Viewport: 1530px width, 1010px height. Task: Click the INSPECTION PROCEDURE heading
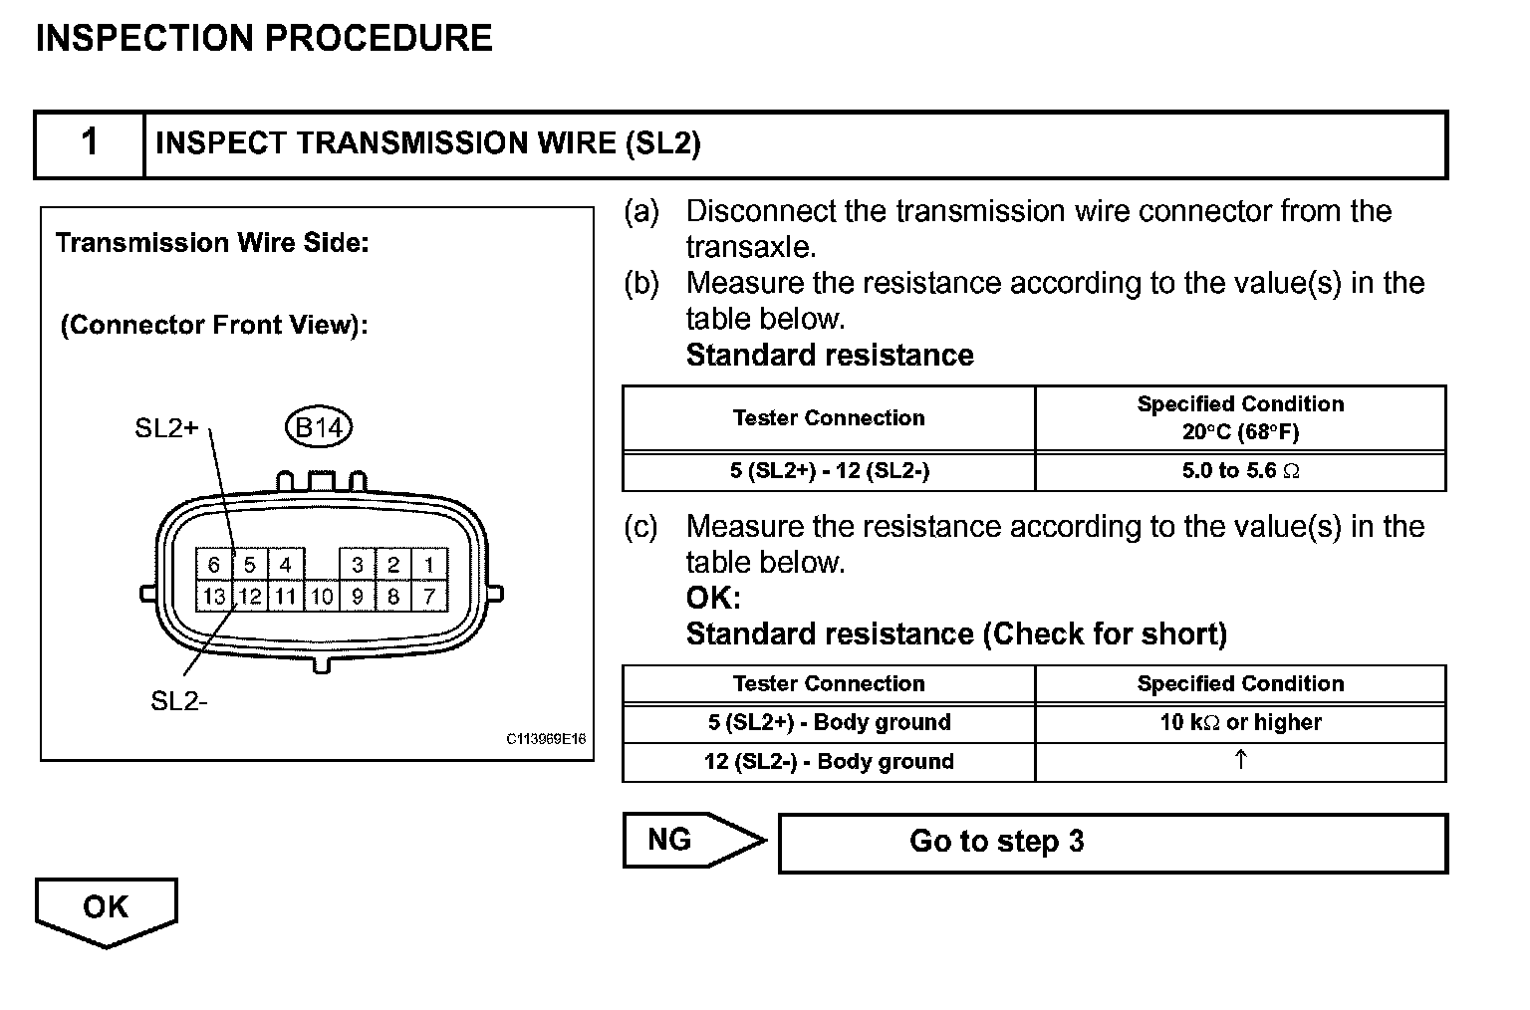(x=264, y=39)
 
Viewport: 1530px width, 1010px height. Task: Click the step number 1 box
(x=90, y=143)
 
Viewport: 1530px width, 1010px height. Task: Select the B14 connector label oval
(x=319, y=427)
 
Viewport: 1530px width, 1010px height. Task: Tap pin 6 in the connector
(x=213, y=565)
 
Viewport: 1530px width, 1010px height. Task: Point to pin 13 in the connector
(x=213, y=597)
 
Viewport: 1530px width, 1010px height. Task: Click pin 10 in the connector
(x=321, y=597)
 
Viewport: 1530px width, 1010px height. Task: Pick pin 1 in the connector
(x=429, y=565)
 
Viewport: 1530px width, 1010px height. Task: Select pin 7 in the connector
(x=429, y=597)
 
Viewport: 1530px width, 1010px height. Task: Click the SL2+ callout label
(x=166, y=428)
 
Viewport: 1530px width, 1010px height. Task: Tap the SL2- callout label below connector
(x=179, y=701)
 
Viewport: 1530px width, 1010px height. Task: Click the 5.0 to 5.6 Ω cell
(x=1240, y=471)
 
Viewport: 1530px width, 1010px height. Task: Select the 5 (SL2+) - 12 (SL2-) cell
(x=829, y=471)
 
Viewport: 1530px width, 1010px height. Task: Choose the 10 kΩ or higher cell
(x=1240, y=723)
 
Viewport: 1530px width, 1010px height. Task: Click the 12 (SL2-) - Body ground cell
(x=829, y=762)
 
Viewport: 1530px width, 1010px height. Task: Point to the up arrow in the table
(x=1240, y=761)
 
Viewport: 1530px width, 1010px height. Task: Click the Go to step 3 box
(x=1112, y=843)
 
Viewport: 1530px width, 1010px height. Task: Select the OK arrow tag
(x=106, y=908)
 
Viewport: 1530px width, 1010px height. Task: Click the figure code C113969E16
(x=546, y=739)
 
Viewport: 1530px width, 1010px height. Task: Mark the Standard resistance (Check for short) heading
(x=956, y=634)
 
